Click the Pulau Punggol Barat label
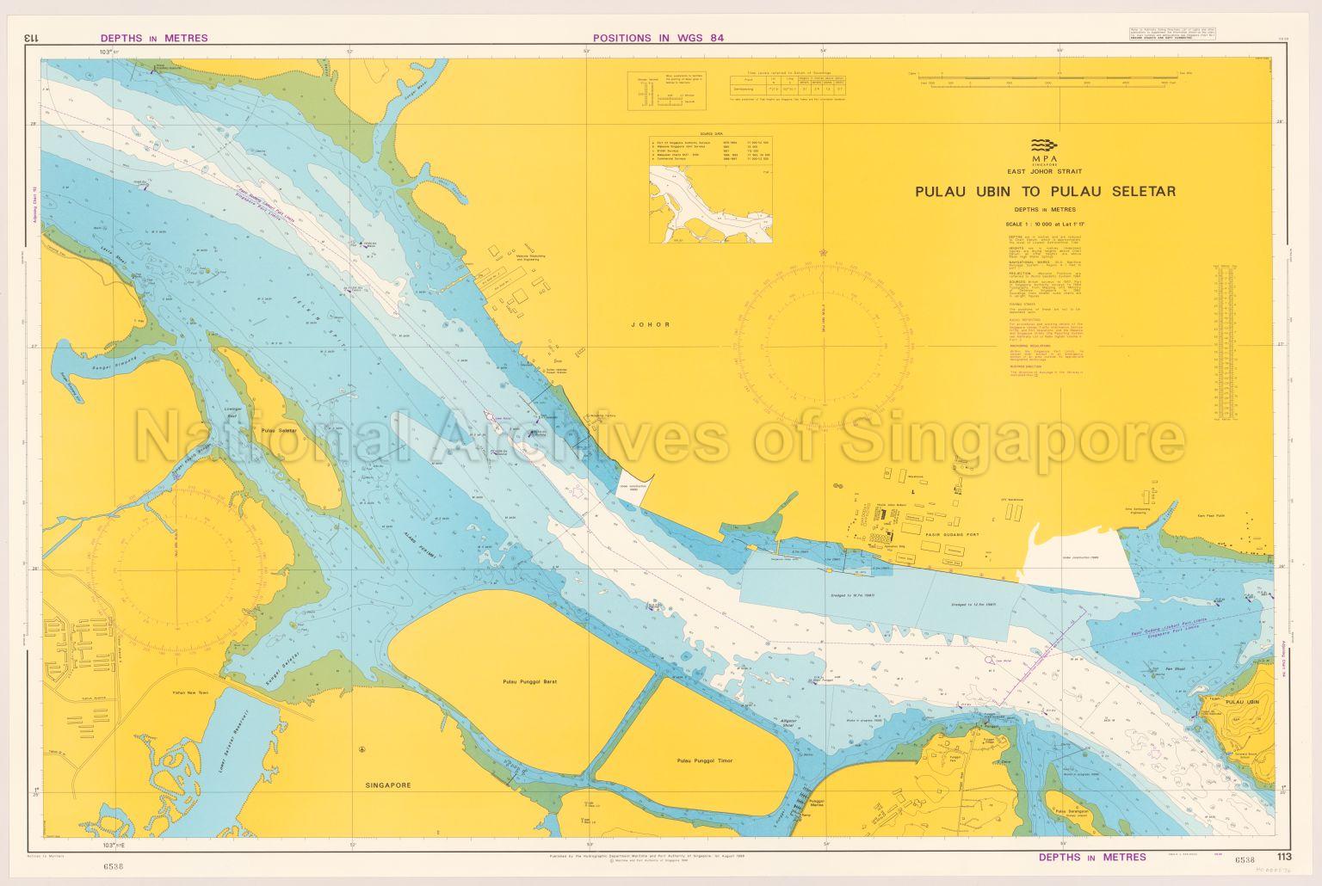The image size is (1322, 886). coord(531,681)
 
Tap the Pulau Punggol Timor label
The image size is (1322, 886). coord(704,760)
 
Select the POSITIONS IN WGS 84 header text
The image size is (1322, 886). coord(660,38)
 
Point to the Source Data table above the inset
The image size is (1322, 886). coord(711,147)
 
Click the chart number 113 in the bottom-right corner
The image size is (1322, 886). coord(1284,856)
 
